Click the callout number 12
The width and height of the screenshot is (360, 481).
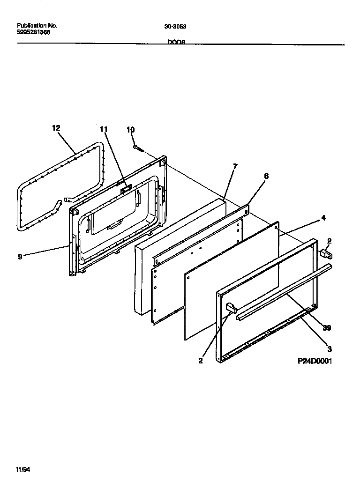tap(56, 127)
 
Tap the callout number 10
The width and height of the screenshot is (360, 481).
tap(130, 129)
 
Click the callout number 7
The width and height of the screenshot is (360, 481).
tap(235, 166)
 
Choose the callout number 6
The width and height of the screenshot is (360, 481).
tap(266, 176)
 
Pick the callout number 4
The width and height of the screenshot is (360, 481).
tap(323, 218)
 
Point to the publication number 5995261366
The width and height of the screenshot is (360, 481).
tap(34, 33)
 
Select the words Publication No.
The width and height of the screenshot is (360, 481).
tap(37, 26)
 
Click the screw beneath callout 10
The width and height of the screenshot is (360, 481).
tap(137, 148)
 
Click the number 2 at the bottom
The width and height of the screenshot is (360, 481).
tap(201, 361)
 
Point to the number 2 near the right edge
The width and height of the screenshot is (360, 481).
tap(329, 241)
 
